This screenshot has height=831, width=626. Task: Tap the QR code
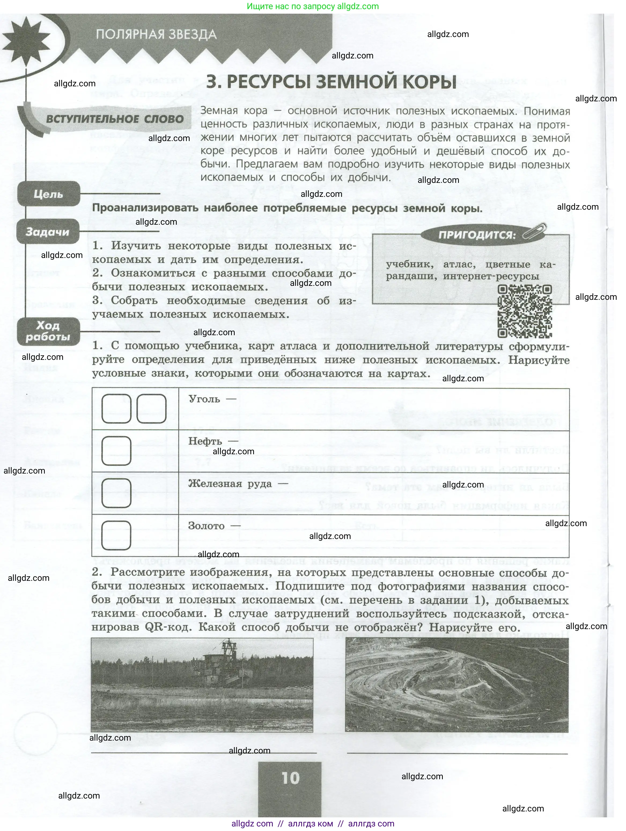point(525,311)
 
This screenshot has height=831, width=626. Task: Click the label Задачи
point(47,232)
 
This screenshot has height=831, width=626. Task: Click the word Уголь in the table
point(204,399)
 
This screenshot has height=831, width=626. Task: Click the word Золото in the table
point(206,526)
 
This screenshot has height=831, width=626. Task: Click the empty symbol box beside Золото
point(116,535)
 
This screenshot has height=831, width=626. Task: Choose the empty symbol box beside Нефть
point(116,451)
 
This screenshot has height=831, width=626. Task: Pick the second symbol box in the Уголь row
point(151,409)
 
